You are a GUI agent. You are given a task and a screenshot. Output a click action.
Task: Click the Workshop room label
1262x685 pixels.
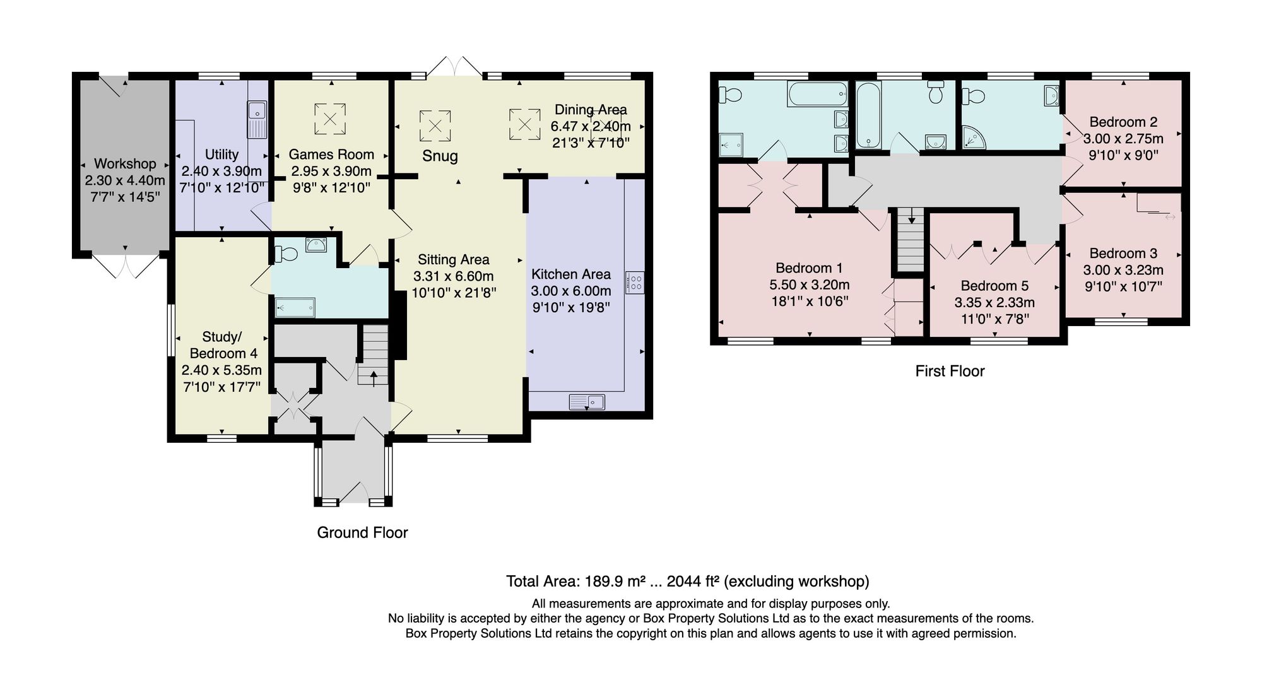125,164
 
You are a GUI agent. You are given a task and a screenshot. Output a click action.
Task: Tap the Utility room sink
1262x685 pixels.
257,120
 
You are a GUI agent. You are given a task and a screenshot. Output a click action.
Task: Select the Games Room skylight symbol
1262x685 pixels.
330,119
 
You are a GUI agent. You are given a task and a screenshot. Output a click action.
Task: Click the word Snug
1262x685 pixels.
440,156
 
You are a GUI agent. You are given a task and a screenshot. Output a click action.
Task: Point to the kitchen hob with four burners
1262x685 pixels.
635,282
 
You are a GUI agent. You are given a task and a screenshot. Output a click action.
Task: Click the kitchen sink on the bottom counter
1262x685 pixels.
587,402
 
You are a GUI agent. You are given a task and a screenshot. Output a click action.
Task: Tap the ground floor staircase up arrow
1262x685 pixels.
374,377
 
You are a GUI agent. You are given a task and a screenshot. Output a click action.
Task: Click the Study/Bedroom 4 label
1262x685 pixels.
223,345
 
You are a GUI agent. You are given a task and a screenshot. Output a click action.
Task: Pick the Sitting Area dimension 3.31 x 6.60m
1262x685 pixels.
454,276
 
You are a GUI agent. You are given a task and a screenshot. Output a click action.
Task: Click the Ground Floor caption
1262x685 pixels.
362,533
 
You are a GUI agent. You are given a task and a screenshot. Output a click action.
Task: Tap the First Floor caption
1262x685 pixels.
950,371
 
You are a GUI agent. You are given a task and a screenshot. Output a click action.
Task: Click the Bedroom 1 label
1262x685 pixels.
809,268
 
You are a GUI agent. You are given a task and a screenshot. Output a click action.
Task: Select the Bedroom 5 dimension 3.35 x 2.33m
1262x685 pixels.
994,303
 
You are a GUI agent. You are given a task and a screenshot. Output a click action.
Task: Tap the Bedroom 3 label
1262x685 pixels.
1123,254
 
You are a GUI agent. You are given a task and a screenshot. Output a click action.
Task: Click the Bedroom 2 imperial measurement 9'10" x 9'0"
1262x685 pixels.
1123,155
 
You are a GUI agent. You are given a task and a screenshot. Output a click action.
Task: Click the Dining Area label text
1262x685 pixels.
591,110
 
